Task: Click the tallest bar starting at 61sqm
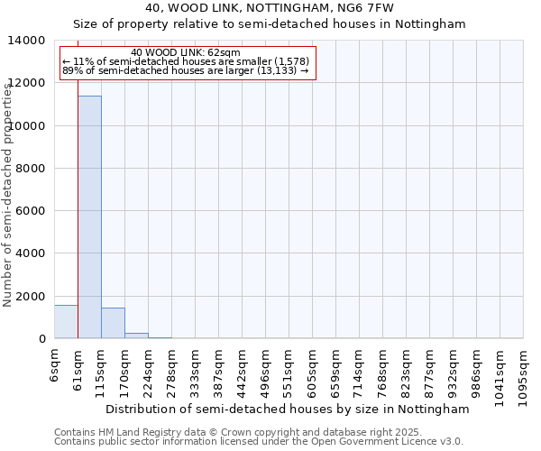point(89,216)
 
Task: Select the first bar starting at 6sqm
point(66,322)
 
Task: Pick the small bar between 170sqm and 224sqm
point(136,336)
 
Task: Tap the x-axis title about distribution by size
point(288,409)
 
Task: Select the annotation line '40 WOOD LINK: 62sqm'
point(186,52)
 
